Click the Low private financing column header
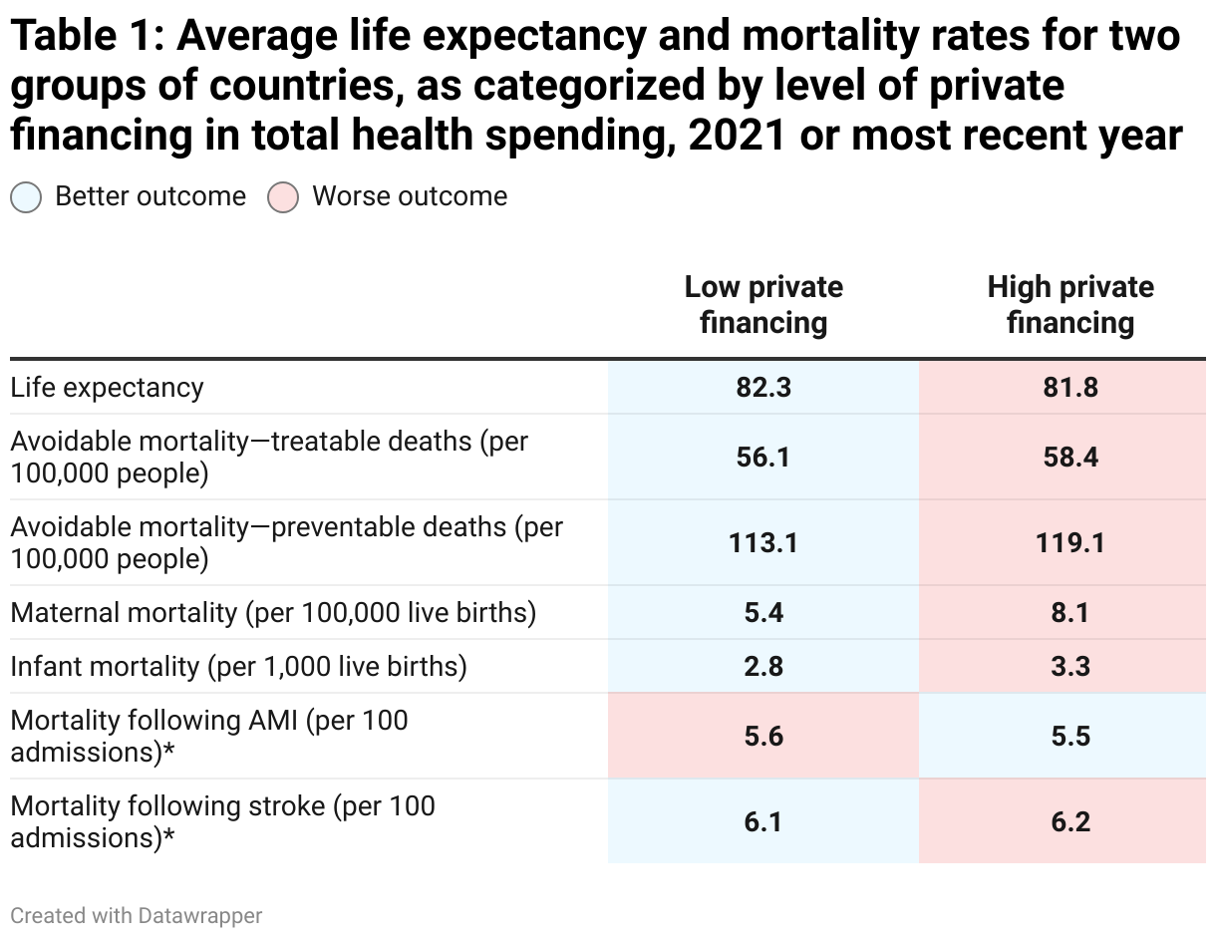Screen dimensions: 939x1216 763,305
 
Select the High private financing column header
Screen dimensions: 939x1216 1070,305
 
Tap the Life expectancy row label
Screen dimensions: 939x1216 108,388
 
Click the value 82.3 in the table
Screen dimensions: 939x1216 763,388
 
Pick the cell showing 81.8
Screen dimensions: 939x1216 1070,388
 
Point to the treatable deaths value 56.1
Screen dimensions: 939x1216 763,458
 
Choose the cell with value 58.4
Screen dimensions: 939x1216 1070,458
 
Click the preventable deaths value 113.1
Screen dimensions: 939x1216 763,543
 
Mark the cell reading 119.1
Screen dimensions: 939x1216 1070,543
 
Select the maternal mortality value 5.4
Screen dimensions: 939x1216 763,613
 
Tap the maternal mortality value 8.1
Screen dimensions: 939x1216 1070,613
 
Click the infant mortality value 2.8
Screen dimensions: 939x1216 763,667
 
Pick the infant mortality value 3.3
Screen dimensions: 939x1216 1070,667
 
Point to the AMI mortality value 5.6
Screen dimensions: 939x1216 763,737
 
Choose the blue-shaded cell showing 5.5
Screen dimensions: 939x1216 1070,737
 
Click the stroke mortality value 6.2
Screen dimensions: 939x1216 1070,822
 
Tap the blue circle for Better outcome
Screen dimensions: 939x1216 26,197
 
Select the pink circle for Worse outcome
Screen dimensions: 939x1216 283,197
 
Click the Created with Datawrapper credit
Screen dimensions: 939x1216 137,915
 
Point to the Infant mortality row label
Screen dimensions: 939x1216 239,667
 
